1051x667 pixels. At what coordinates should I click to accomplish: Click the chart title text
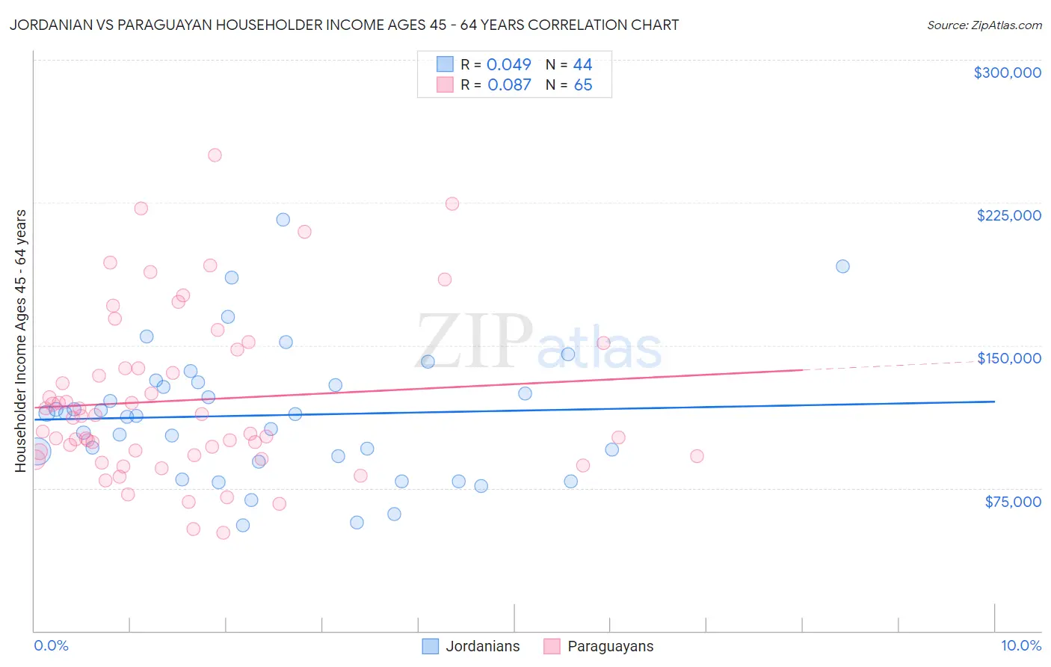[344, 25]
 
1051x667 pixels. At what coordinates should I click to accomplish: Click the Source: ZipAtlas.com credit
[984, 25]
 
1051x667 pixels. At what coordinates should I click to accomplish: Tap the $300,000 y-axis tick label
[1007, 73]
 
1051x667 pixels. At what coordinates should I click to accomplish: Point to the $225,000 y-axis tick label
[1008, 215]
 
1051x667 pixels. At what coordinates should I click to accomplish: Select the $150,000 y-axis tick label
[1008, 358]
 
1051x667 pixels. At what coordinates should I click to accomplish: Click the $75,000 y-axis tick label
[1012, 502]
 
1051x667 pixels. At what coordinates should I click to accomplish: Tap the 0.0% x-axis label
[51, 645]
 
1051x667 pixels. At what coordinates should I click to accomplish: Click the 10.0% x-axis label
[1020, 645]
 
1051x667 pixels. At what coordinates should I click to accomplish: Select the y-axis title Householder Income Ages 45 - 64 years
[20, 340]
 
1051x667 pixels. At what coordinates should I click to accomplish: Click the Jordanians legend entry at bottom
[471, 646]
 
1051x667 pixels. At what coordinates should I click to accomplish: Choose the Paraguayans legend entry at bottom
[598, 646]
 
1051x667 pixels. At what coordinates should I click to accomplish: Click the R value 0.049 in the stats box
[508, 64]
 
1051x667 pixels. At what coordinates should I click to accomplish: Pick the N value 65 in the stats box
[582, 84]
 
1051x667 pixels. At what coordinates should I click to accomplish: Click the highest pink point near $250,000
[215, 156]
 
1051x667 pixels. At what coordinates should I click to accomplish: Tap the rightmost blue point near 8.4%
[842, 266]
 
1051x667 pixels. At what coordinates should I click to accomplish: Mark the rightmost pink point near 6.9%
[697, 456]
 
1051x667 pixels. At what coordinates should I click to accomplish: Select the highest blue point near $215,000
[283, 220]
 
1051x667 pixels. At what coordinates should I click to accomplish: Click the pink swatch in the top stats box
[445, 84]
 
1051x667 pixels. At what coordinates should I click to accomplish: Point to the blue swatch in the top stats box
[445, 64]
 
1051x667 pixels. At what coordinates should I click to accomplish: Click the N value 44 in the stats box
[582, 64]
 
